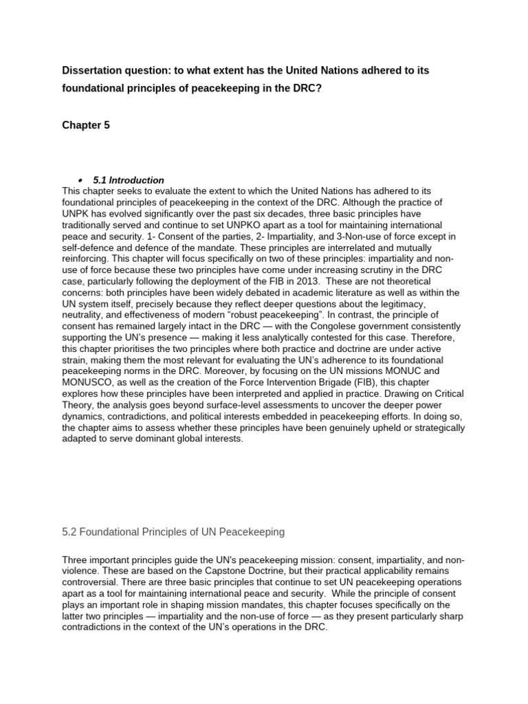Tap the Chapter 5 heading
click(86, 125)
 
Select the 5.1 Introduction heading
click(129, 180)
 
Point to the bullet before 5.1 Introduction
click(80, 180)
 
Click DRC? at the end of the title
click(306, 89)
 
